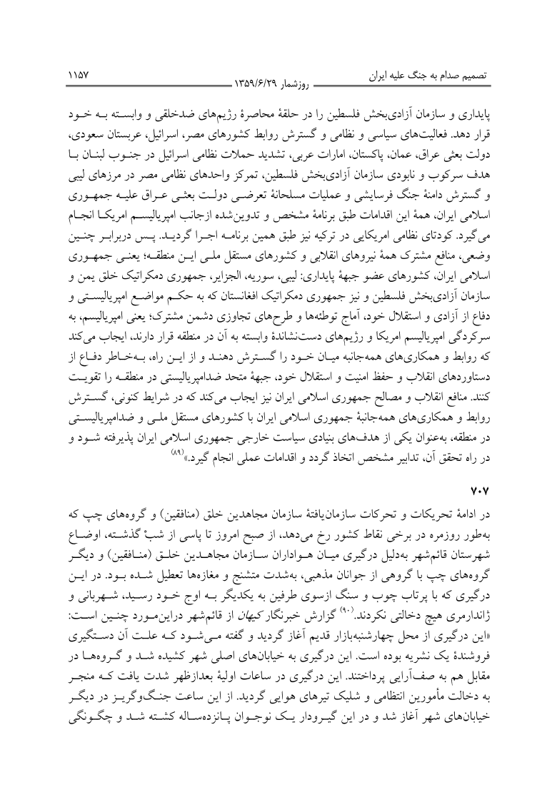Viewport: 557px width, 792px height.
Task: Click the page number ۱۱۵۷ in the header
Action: tap(78, 73)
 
